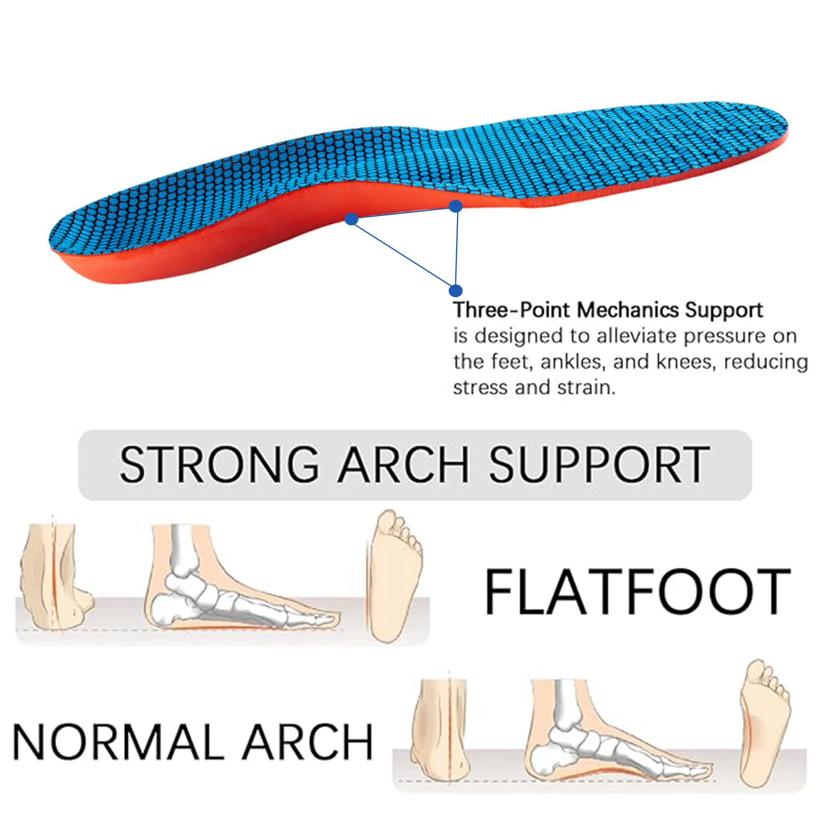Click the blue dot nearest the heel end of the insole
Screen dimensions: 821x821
[351, 219]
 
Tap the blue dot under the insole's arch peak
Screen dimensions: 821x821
[456, 206]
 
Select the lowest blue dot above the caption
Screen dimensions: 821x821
[455, 291]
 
